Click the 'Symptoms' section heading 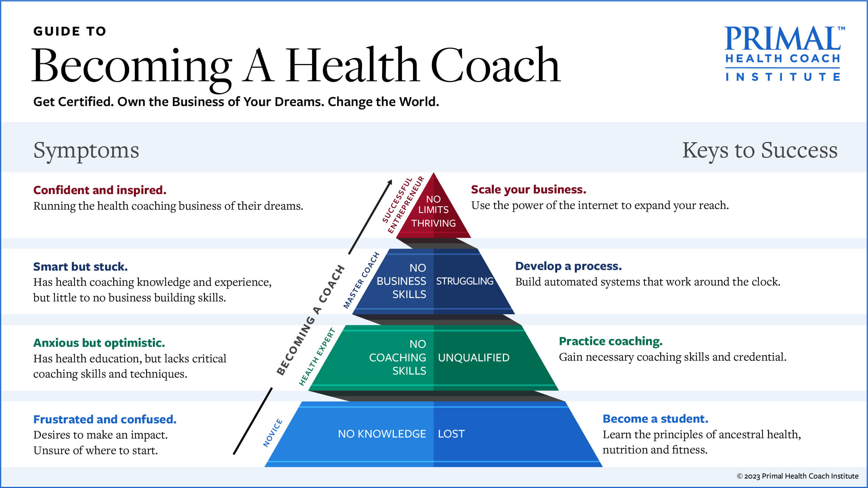coord(86,151)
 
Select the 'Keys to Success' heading coord(760,150)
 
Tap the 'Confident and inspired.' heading coord(100,190)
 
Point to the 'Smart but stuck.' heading coord(80,267)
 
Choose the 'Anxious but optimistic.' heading coord(99,343)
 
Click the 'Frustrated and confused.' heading coord(105,419)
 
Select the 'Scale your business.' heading coord(528,189)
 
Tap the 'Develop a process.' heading coord(568,266)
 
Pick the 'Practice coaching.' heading coord(610,341)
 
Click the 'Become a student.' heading coord(655,419)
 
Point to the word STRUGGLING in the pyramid coord(465,281)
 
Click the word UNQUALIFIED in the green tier coord(473,358)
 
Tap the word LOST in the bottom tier coord(451,434)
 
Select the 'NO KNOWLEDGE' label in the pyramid coord(382,434)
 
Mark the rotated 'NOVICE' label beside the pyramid coord(273,433)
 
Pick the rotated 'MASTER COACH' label coord(361,280)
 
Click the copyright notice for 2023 coord(798,476)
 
